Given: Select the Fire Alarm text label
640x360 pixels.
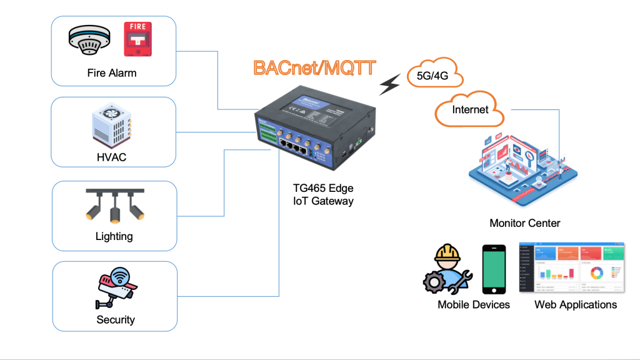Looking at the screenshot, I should click(112, 73).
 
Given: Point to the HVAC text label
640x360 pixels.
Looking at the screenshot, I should click(112, 157).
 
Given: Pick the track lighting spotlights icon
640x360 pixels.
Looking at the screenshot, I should click(115, 206).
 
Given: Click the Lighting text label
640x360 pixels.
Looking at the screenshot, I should click(114, 236).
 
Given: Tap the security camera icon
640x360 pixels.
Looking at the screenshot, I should click(115, 288).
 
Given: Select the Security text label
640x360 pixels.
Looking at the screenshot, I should click(116, 319).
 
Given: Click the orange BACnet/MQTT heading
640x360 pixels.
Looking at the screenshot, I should click(314, 67).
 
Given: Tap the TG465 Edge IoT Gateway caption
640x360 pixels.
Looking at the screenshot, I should click(323, 194).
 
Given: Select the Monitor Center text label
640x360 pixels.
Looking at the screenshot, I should click(524, 223).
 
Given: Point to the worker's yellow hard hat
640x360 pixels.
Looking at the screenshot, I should click(448, 252).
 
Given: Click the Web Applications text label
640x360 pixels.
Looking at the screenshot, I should click(576, 305).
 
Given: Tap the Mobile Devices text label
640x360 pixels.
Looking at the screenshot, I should click(473, 305).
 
